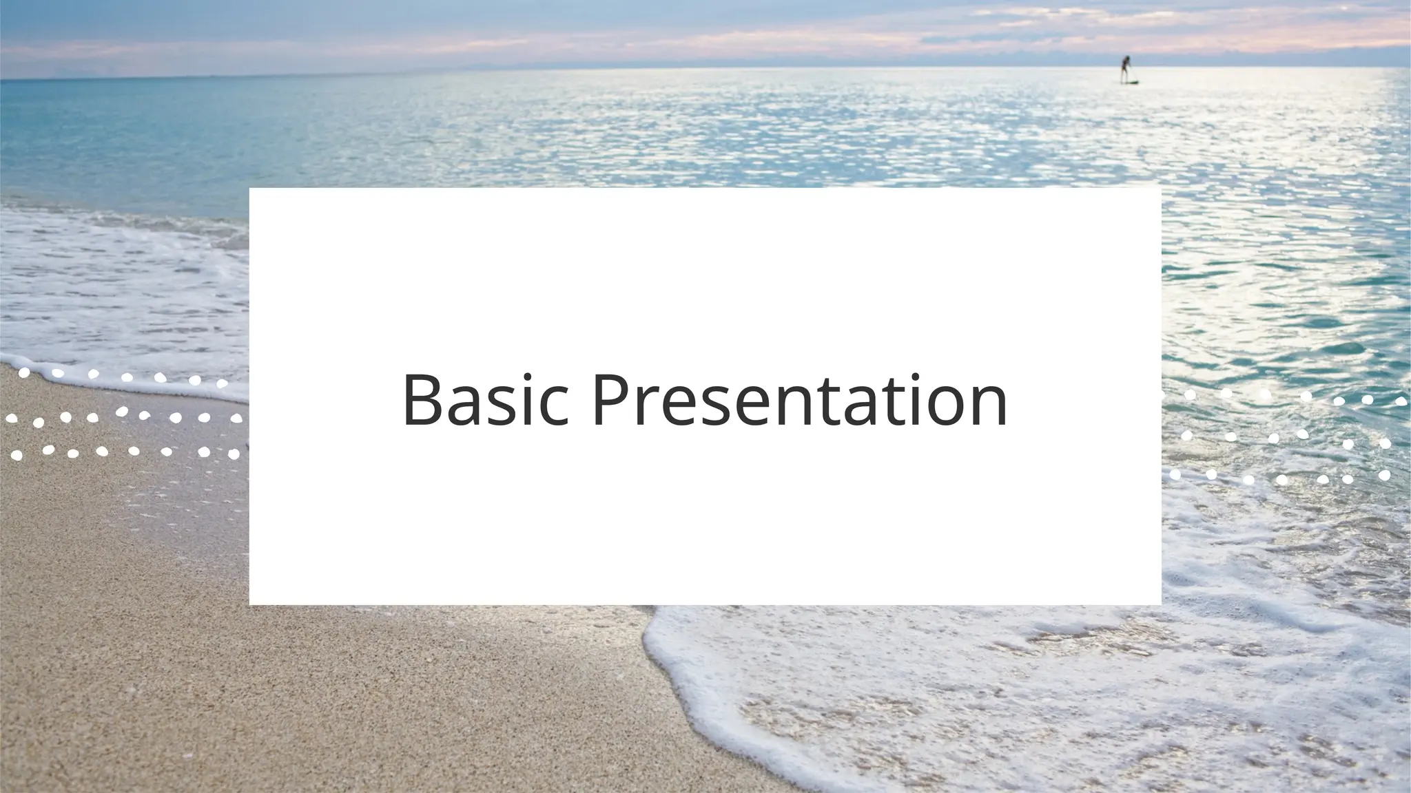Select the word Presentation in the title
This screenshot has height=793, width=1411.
[x=800, y=401]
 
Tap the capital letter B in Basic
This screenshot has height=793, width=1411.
[x=423, y=401]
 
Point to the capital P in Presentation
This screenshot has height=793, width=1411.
[x=610, y=401]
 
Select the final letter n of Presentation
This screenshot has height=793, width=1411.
[x=987, y=408]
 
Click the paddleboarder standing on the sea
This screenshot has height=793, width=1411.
[x=1126, y=70]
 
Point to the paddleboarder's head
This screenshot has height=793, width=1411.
[x=1126, y=59]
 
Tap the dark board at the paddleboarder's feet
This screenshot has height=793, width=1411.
[x=1127, y=83]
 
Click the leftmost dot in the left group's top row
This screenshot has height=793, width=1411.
[x=24, y=373]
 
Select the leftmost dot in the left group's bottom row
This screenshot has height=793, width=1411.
[x=17, y=456]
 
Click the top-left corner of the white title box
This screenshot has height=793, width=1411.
[x=250, y=189]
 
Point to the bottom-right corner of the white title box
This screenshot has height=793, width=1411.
[x=1160, y=604]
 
